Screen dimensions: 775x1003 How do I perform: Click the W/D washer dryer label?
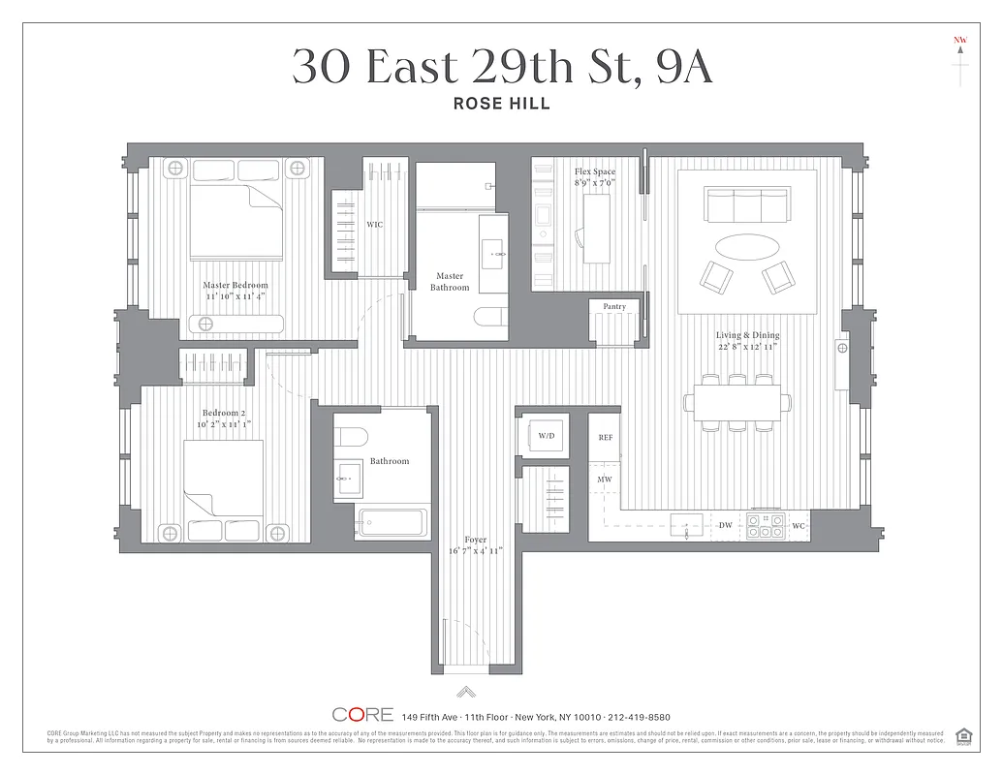click(x=547, y=437)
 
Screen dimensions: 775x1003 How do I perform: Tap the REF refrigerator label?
click(x=606, y=438)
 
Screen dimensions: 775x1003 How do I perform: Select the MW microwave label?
click(x=604, y=480)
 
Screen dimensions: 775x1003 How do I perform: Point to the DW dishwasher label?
click(x=726, y=525)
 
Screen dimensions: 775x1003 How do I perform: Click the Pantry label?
click(x=614, y=306)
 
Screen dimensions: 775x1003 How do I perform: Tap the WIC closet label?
click(x=374, y=225)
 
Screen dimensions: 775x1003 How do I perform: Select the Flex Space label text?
click(x=594, y=171)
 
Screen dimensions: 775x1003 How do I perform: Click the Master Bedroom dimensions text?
click(x=235, y=297)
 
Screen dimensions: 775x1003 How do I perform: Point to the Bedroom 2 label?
click(x=223, y=413)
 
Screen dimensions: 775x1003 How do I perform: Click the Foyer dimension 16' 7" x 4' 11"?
click(x=475, y=551)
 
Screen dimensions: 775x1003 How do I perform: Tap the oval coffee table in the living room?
click(x=745, y=243)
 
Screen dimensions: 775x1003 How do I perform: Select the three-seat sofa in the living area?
click(x=746, y=205)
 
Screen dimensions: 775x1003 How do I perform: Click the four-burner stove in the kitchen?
click(x=766, y=525)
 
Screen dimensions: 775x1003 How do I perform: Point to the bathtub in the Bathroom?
click(x=392, y=522)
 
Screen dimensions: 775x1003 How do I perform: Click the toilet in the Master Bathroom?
click(x=489, y=318)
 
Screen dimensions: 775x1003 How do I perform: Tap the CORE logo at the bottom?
click(x=362, y=715)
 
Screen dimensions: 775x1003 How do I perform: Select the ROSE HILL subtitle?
click(x=502, y=104)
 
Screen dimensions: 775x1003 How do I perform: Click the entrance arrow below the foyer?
click(x=466, y=691)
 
